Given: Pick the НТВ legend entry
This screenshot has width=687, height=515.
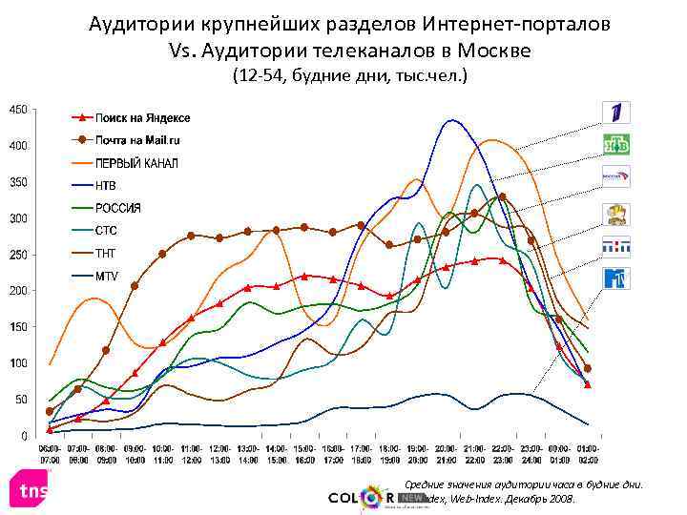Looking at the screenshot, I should coord(104,185).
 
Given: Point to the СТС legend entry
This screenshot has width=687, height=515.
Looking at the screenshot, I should coord(105,230).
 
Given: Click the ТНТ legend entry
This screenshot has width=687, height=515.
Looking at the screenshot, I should coord(105,253).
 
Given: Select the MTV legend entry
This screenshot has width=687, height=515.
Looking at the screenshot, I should coord(105,276).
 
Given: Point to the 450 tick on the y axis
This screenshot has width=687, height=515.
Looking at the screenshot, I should coord(18,110).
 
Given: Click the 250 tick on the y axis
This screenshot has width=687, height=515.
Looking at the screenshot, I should coord(18,255).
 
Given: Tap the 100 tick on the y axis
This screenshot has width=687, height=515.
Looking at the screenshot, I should coord(18,363).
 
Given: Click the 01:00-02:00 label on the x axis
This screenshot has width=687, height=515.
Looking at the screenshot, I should coord(588,452).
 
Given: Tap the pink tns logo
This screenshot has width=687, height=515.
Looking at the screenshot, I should coord(28,490).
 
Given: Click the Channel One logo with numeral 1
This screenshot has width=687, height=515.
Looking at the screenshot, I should coord(615,113).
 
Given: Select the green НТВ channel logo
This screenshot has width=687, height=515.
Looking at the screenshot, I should coord(615,145).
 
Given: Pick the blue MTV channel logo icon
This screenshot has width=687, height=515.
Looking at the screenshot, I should coord(615,278).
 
